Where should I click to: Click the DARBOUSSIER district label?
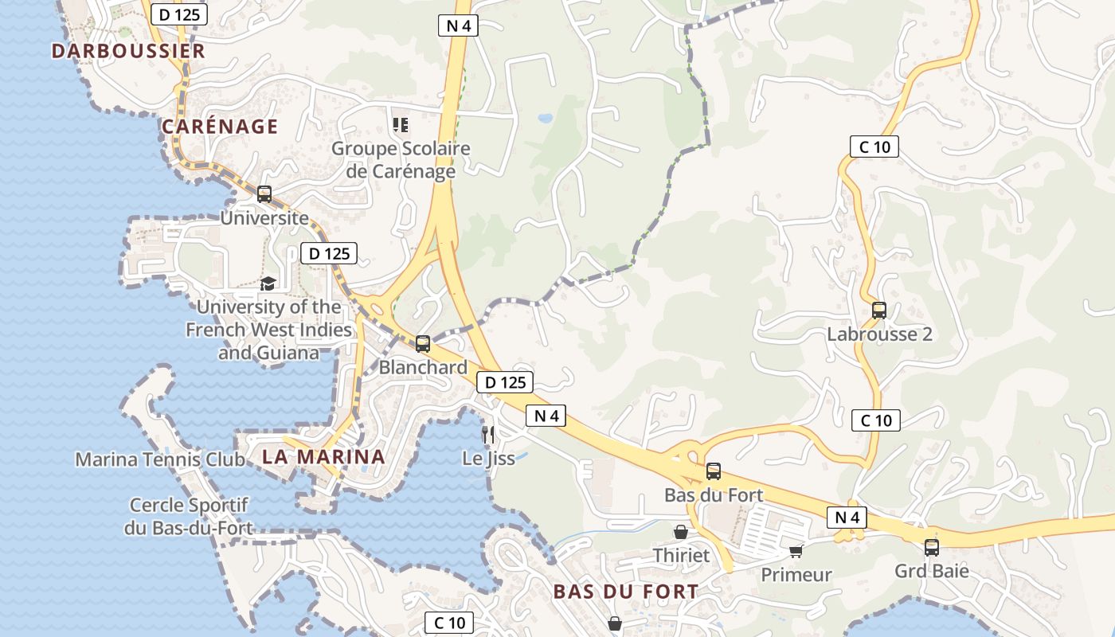(x=128, y=51)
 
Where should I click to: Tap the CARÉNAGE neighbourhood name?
(x=220, y=127)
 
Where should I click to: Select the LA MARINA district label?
(x=323, y=457)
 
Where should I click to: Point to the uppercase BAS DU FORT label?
(x=625, y=592)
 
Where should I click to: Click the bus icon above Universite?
(x=264, y=193)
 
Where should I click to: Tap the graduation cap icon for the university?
(x=268, y=283)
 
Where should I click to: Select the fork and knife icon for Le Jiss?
(x=488, y=434)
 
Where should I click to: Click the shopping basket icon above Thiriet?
(x=681, y=531)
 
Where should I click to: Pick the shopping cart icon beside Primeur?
(x=796, y=550)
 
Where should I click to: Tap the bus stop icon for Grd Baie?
(x=931, y=547)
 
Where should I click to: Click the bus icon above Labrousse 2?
(x=878, y=310)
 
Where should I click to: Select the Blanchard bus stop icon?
(x=423, y=343)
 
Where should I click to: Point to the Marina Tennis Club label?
(x=160, y=459)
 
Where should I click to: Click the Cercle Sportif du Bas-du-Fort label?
(x=189, y=516)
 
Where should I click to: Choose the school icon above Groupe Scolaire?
(x=401, y=124)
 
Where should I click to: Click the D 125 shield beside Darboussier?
(x=179, y=14)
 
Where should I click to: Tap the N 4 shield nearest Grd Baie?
(x=847, y=517)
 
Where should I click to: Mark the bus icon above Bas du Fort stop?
(x=713, y=471)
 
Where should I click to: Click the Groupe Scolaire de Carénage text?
(x=401, y=159)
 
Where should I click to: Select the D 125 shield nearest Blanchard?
(x=505, y=382)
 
